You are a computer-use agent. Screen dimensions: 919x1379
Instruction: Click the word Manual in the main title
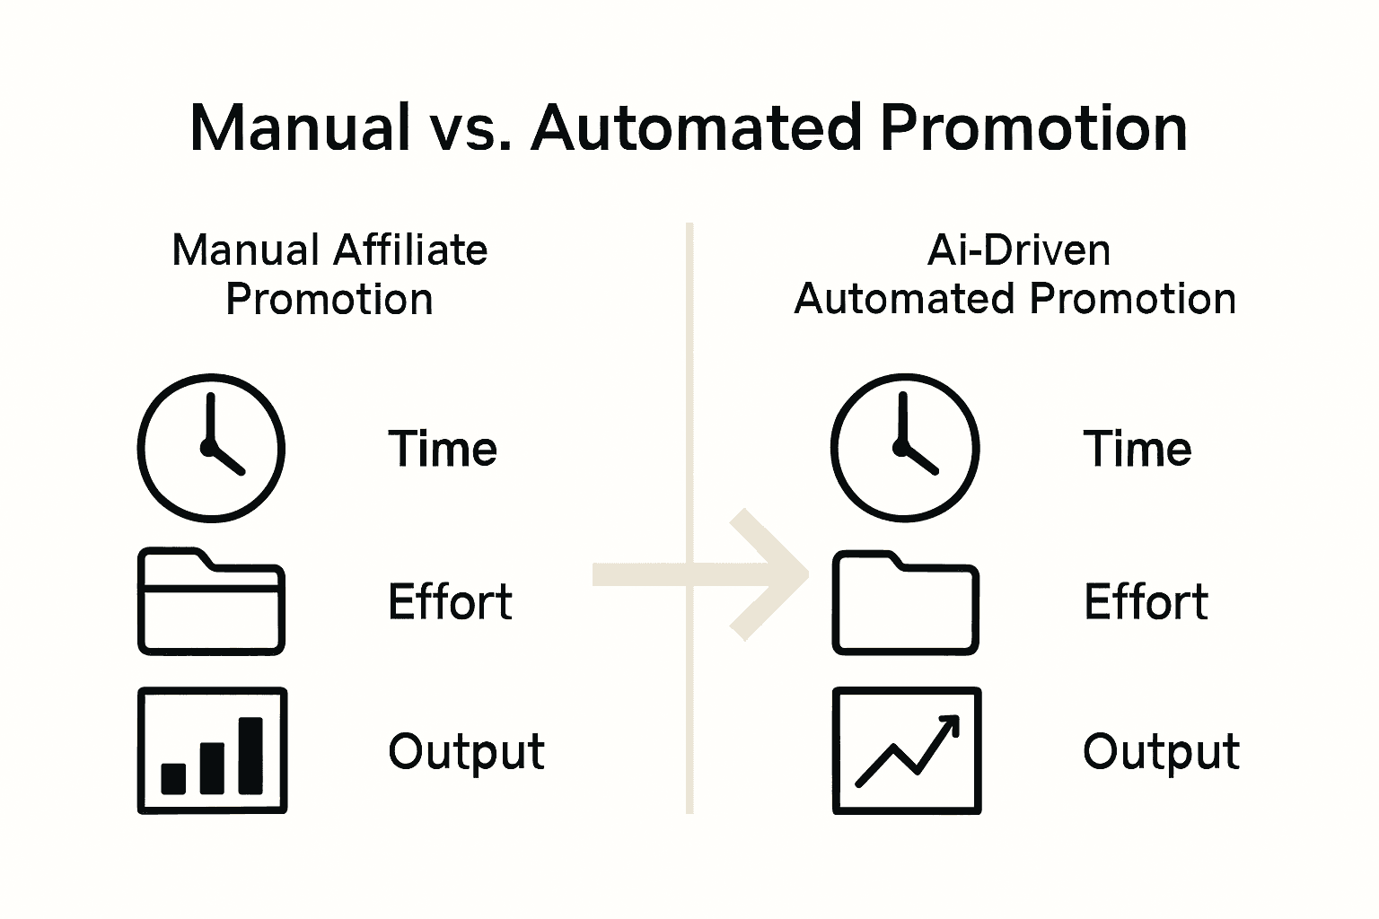pyautogui.click(x=300, y=127)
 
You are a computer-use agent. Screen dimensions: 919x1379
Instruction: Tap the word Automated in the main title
pyautogui.click(x=697, y=127)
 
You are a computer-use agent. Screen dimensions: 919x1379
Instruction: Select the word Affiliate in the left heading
pyautogui.click(x=410, y=250)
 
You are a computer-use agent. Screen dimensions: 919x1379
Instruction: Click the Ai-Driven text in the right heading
pyautogui.click(x=1018, y=250)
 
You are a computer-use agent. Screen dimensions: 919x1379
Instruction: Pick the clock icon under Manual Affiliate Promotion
pyautogui.click(x=211, y=448)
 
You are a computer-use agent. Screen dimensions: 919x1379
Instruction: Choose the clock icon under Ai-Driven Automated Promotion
pyautogui.click(x=905, y=448)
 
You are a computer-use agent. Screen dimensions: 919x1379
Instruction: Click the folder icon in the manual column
pyautogui.click(x=211, y=600)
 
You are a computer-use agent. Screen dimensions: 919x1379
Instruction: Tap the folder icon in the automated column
pyautogui.click(x=905, y=602)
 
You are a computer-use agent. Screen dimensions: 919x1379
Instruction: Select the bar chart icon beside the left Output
pyautogui.click(x=212, y=751)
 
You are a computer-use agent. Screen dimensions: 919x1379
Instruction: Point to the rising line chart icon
pyautogui.click(x=907, y=751)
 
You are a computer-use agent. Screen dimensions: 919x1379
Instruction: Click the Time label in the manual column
pyautogui.click(x=443, y=449)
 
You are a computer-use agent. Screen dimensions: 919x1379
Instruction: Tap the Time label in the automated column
pyautogui.click(x=1137, y=449)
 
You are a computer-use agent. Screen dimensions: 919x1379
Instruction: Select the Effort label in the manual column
pyautogui.click(x=450, y=601)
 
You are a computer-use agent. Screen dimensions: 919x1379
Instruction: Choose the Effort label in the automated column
pyautogui.click(x=1146, y=601)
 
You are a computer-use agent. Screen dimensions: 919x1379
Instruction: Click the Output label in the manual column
pyautogui.click(x=466, y=752)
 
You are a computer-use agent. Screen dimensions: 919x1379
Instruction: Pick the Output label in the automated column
pyautogui.click(x=1161, y=752)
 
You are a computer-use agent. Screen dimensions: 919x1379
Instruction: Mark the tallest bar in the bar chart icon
pyautogui.click(x=250, y=756)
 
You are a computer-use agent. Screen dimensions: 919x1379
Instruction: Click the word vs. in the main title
pyautogui.click(x=470, y=127)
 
